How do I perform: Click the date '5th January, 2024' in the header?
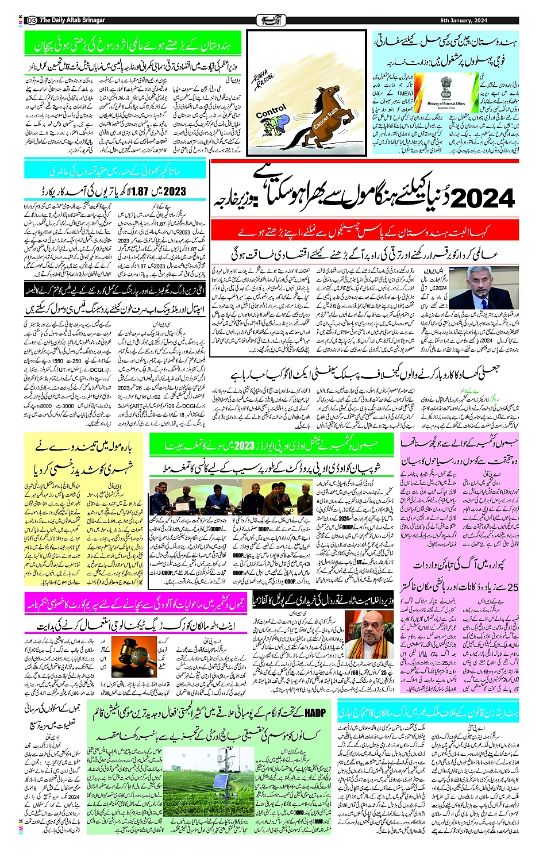[463, 21]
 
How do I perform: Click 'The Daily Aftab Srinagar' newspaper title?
[72, 21]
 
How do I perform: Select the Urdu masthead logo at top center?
[271, 21]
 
